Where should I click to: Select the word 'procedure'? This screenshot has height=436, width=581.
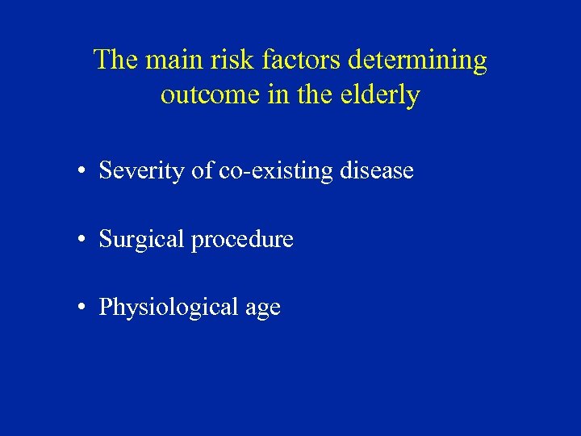coord(243,240)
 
